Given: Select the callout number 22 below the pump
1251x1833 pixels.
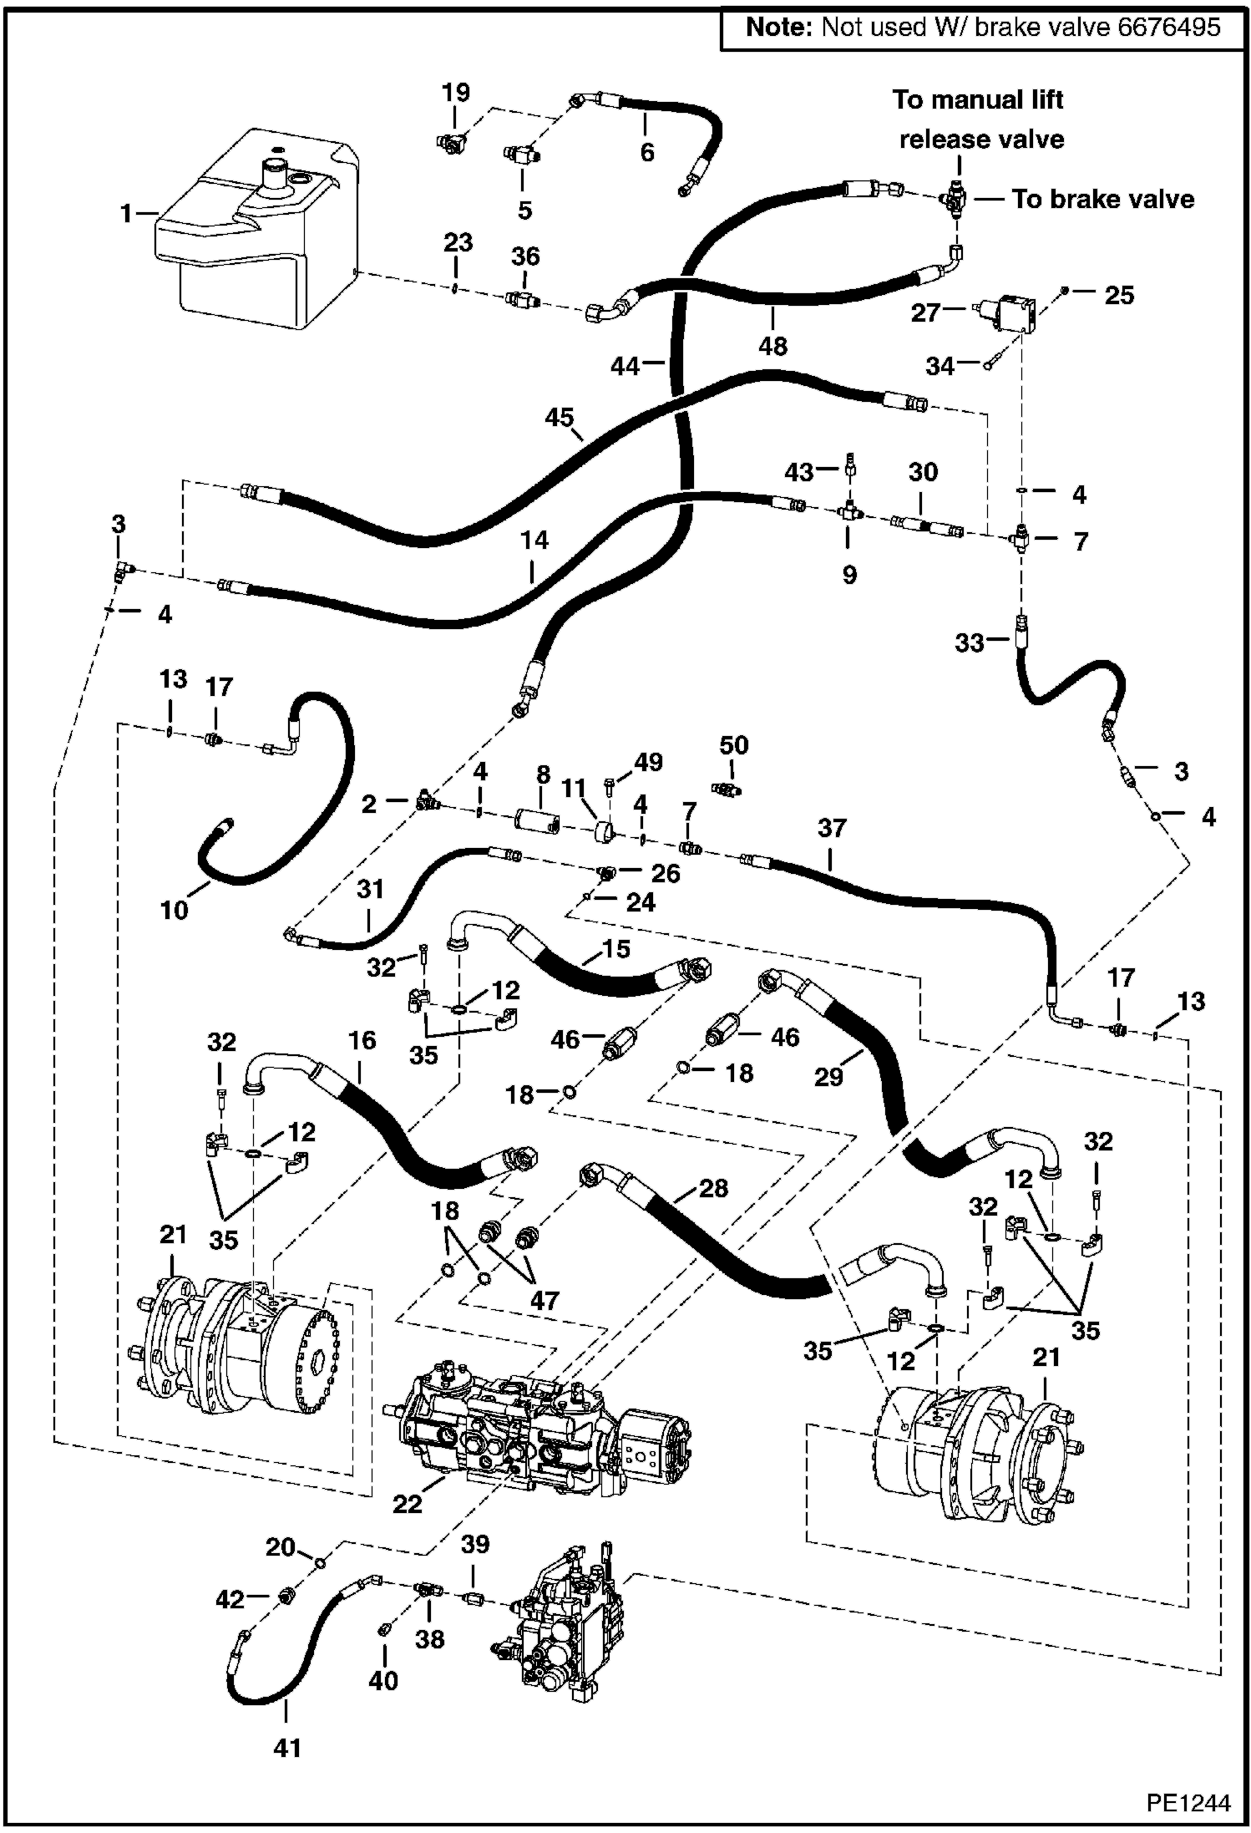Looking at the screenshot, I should click(x=408, y=1504).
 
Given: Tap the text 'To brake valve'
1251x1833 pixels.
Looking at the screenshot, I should click(x=1102, y=199).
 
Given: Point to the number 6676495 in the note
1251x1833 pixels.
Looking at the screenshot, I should click(x=1168, y=27).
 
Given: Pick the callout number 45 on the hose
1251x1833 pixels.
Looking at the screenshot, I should click(x=560, y=417).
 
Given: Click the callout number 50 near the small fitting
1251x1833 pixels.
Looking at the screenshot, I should click(x=733, y=745).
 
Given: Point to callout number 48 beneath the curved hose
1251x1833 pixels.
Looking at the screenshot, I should click(x=772, y=346).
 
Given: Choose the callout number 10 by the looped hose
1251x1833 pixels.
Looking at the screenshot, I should click(x=175, y=910).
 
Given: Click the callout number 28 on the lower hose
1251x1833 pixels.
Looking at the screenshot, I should click(x=712, y=1187).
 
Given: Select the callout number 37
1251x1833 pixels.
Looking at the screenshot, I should click(x=831, y=828).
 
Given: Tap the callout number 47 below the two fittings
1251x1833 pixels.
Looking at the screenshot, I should click(x=544, y=1300).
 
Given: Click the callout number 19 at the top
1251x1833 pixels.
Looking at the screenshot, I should click(x=456, y=92).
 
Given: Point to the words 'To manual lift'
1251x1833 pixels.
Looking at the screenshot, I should click(x=977, y=99).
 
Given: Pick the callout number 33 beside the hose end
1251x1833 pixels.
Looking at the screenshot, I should click(x=970, y=642).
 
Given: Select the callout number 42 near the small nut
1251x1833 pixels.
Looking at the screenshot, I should click(x=230, y=1599).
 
